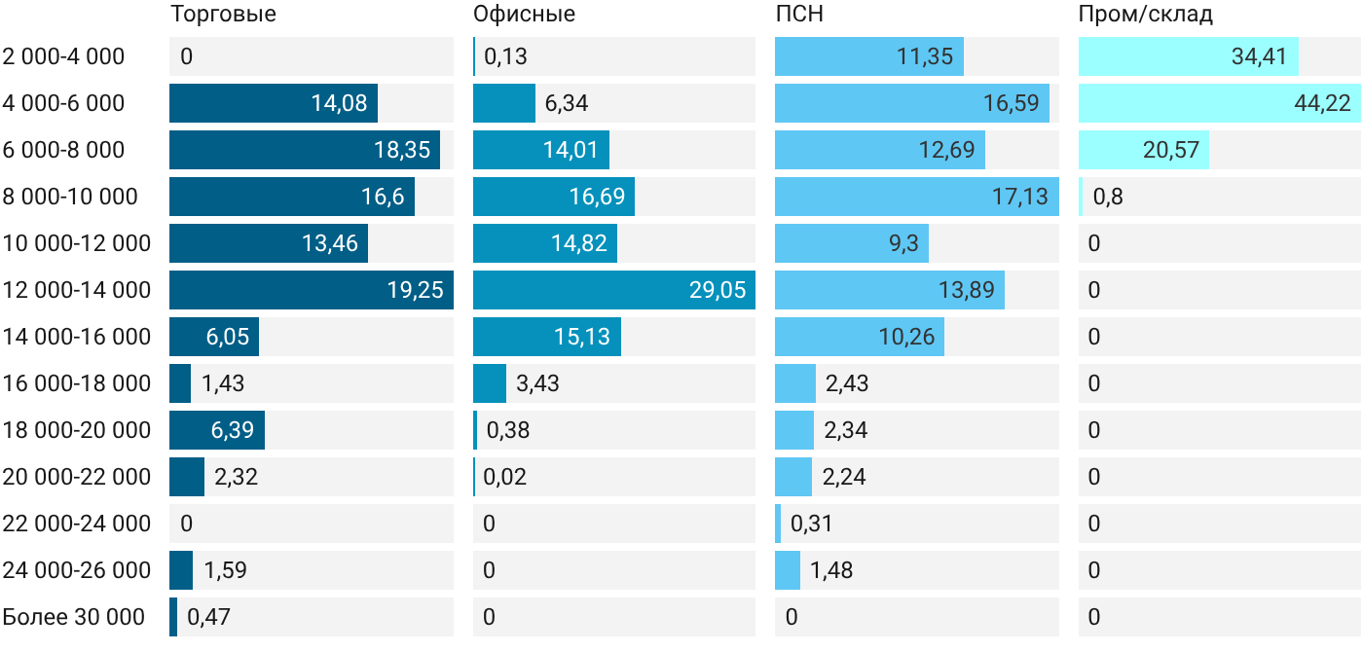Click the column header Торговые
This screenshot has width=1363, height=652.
click(x=223, y=14)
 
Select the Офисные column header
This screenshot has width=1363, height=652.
click(x=524, y=14)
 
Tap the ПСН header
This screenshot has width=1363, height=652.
click(x=799, y=14)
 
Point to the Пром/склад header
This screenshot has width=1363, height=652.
click(x=1145, y=14)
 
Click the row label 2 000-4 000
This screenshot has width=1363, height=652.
click(x=63, y=56)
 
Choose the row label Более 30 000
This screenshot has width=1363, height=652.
click(x=74, y=617)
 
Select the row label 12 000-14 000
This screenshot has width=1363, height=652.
click(x=77, y=290)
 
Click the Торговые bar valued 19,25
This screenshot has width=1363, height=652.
click(x=312, y=290)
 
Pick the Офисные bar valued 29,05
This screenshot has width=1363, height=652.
click(x=614, y=290)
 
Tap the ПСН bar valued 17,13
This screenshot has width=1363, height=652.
click(x=917, y=197)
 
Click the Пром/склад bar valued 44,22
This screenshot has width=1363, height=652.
click(x=1219, y=103)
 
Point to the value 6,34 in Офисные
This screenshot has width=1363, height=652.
click(x=566, y=103)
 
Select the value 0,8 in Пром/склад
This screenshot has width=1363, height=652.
click(x=1108, y=197)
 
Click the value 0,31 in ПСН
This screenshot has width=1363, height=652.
click(x=811, y=524)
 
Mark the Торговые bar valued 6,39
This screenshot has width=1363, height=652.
click(x=217, y=430)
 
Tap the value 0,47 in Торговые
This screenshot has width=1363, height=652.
click(x=208, y=617)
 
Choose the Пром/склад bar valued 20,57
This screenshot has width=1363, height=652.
click(x=1144, y=150)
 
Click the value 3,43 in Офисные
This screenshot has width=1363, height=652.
click(x=537, y=383)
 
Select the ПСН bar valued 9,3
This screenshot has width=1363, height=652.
click(x=852, y=243)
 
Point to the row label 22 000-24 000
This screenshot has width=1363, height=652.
click(x=77, y=524)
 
